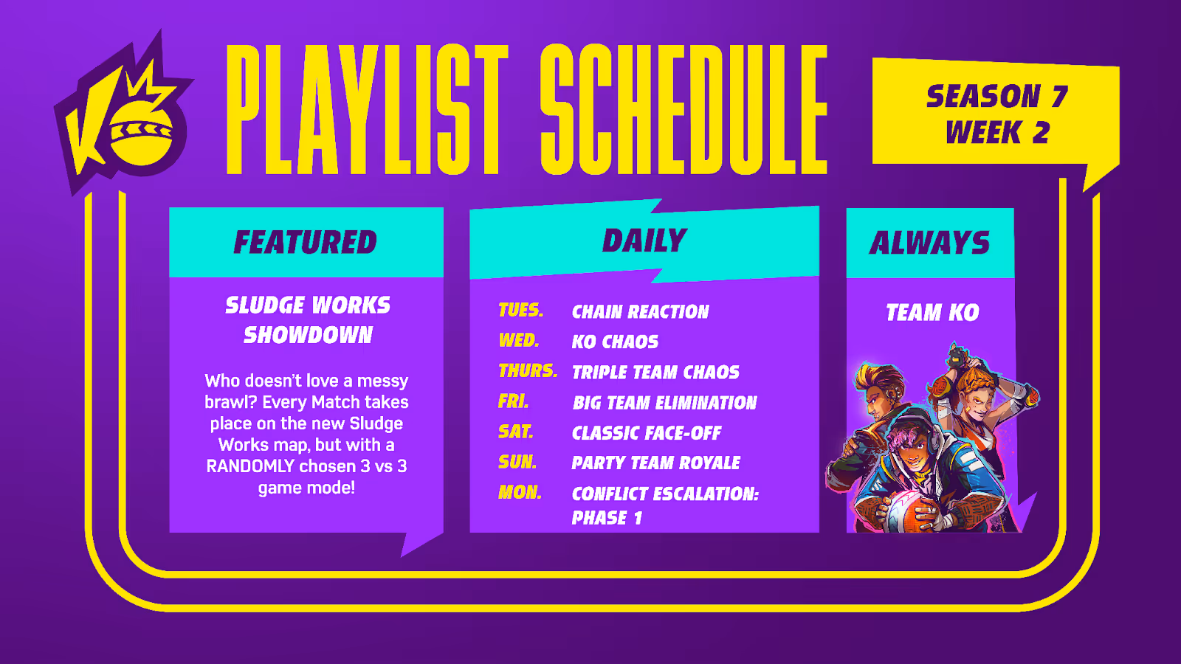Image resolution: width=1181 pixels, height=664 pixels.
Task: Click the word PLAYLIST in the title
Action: [x=367, y=109]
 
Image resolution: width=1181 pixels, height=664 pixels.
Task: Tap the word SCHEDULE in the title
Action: [x=684, y=109]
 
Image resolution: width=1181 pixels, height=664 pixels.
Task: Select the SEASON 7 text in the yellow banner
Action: [x=996, y=97]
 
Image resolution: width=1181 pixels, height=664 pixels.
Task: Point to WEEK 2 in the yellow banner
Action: [x=997, y=132]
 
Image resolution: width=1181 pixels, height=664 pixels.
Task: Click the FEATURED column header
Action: [x=306, y=242]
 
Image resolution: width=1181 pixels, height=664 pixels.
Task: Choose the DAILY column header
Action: [x=644, y=241]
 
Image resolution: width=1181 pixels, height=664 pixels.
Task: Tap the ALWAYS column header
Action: [x=929, y=243]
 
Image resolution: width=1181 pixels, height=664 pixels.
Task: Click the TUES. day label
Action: [x=521, y=310]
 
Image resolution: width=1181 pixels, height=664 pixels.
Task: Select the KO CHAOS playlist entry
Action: [x=616, y=342]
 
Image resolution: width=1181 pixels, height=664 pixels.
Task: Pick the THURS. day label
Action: [x=528, y=370]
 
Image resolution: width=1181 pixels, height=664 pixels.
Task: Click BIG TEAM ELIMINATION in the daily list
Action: [x=664, y=403]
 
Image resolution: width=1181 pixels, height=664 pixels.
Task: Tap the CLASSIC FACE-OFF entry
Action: [x=647, y=432]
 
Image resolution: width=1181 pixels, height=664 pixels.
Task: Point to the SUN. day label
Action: [x=517, y=462]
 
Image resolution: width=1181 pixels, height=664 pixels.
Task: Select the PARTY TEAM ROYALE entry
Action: [x=656, y=463]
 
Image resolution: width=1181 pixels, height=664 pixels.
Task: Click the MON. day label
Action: [x=520, y=492]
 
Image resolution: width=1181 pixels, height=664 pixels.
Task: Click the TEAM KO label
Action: [x=932, y=313]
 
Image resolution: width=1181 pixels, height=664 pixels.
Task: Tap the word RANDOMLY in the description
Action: [x=250, y=466]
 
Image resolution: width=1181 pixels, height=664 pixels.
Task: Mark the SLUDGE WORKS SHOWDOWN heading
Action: [x=307, y=320]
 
